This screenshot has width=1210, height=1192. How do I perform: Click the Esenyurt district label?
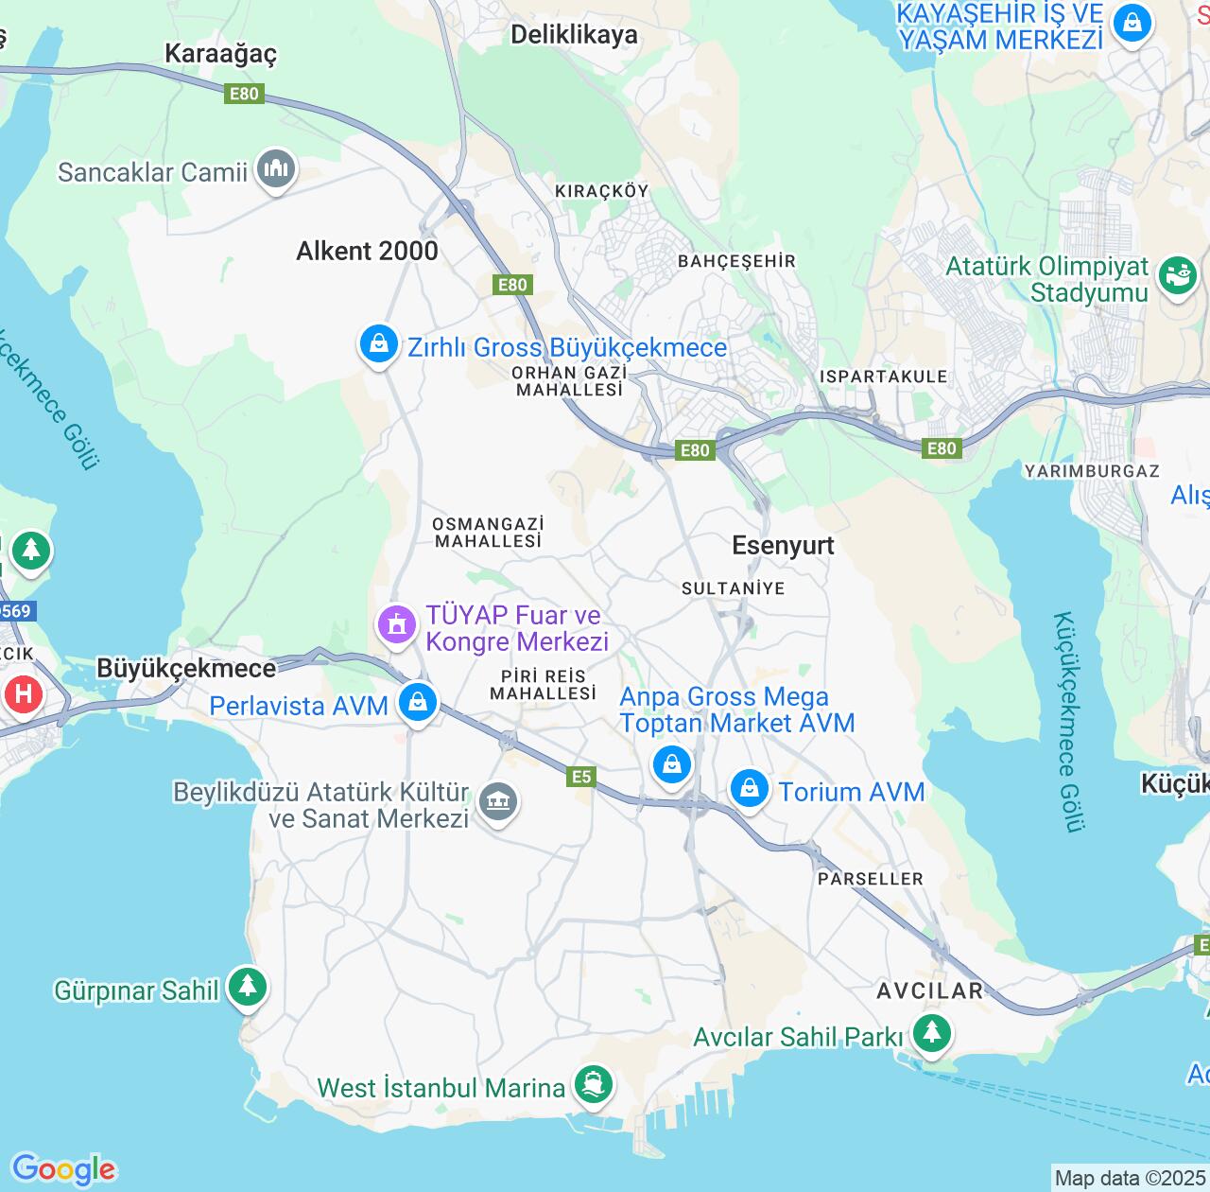click(x=783, y=546)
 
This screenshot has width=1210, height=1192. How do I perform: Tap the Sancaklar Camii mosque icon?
click(x=276, y=169)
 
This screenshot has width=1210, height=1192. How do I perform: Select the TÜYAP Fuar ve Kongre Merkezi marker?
click(x=397, y=625)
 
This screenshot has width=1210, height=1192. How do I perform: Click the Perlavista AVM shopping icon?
click(x=417, y=703)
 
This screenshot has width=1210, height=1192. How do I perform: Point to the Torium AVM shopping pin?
click(x=749, y=787)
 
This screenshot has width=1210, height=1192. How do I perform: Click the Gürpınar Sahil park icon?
click(x=248, y=986)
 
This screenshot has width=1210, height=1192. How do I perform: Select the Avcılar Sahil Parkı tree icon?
click(x=931, y=1031)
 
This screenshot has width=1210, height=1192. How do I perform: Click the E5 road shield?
click(x=581, y=777)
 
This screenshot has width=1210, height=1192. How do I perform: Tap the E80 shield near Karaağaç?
click(x=244, y=94)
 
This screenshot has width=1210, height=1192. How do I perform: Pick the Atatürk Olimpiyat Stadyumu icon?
click(x=1178, y=276)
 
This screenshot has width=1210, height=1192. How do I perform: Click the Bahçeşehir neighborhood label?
click(x=736, y=261)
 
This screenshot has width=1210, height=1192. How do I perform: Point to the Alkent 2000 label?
click(x=367, y=251)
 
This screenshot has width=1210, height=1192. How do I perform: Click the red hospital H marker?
click(x=24, y=695)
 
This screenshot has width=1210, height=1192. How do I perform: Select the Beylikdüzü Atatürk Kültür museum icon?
click(x=497, y=802)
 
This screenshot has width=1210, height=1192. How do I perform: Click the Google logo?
click(x=63, y=1169)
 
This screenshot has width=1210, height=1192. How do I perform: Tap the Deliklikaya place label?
click(x=574, y=35)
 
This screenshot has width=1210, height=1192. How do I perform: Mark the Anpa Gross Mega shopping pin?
click(x=671, y=762)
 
